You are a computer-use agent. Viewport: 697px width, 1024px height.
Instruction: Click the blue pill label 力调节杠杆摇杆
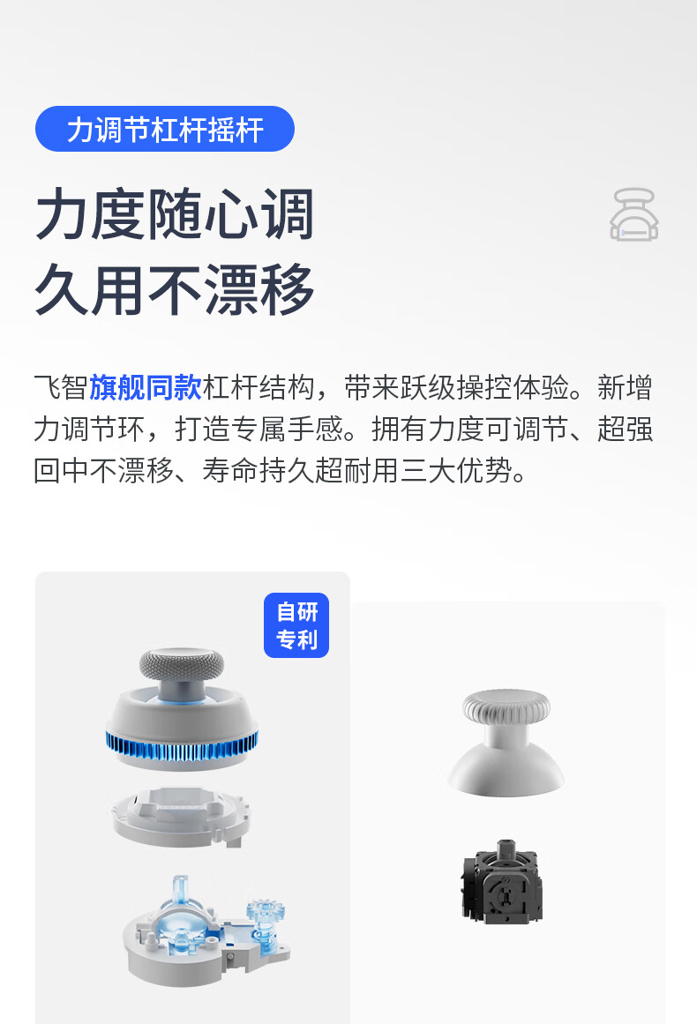[165, 129]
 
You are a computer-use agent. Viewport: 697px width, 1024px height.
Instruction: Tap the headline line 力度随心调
[175, 214]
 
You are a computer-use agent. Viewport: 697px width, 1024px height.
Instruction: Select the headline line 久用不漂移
[175, 288]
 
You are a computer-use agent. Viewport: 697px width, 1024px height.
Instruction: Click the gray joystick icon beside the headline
[634, 214]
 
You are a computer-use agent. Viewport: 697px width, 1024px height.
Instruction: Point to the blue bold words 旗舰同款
[146, 388]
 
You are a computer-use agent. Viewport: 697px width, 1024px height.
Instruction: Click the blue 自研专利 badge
[296, 625]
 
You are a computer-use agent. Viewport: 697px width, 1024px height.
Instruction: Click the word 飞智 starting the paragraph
[60, 388]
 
